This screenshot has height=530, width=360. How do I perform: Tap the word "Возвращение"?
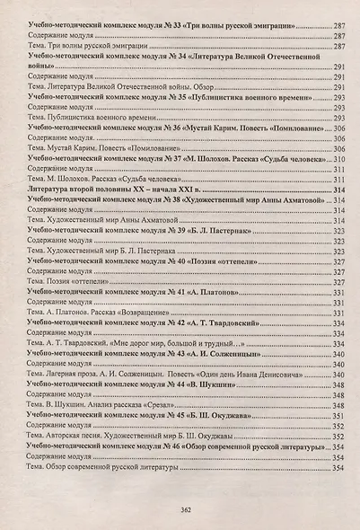(137, 311)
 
